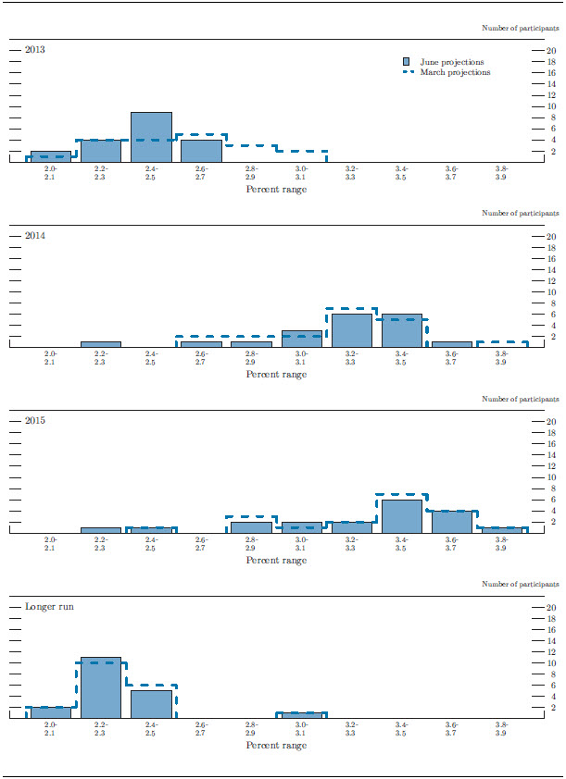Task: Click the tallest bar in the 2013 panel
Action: (151, 137)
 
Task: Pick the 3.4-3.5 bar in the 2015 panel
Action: (402, 516)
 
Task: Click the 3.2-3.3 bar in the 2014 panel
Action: (352, 330)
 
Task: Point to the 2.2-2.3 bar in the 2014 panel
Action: (101, 344)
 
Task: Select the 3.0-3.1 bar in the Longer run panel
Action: (302, 715)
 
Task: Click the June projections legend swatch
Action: (408, 62)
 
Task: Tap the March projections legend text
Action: (455, 72)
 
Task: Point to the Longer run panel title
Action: (50, 607)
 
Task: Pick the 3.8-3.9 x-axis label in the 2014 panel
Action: (502, 358)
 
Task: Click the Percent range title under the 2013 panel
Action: (276, 190)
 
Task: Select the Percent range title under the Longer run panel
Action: (276, 746)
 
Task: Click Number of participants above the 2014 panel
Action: (521, 214)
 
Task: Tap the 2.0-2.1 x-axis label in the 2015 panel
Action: (51, 544)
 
